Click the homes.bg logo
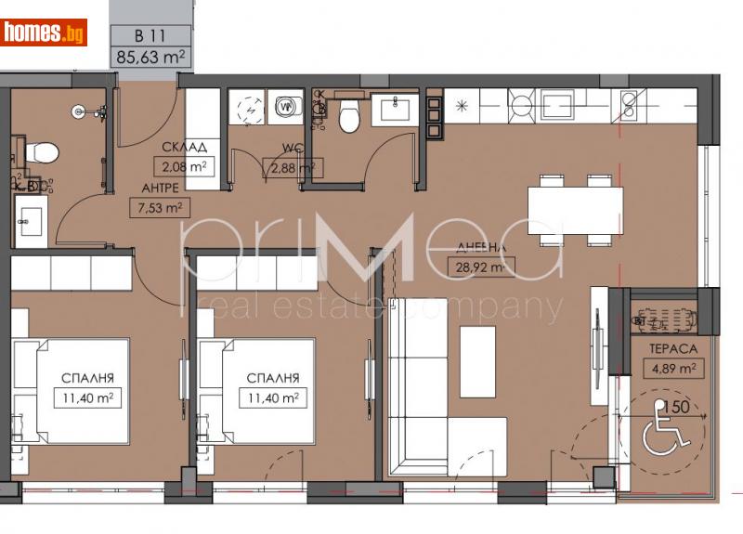pos(44,33)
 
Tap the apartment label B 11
pos(151,37)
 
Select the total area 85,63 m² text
pos(151,57)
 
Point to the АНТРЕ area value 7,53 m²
pos(158,207)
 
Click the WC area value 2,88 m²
pos(292,168)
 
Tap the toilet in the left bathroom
pos(40,150)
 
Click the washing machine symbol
pos(287,106)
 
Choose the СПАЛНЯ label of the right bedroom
pos(272,378)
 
